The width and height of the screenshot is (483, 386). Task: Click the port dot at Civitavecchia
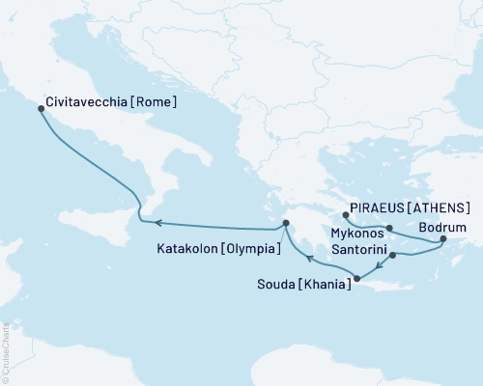tap(41, 108)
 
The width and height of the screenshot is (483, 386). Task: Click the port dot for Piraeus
tap(347, 214)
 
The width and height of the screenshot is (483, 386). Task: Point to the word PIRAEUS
tap(383, 207)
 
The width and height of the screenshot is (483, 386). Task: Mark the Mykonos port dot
tap(388, 229)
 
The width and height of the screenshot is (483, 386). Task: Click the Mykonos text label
tap(357, 233)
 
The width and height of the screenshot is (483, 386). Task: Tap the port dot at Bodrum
tap(442, 238)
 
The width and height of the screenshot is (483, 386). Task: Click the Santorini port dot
tap(392, 256)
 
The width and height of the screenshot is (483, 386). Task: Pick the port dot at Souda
tap(357, 280)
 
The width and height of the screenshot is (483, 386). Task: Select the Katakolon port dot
tap(286, 225)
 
